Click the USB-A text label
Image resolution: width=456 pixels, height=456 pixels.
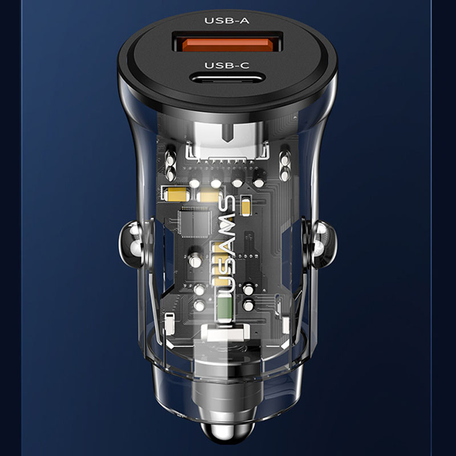coord(227,21)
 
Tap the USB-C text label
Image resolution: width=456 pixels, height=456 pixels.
coord(227,66)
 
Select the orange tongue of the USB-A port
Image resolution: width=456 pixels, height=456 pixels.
coord(227,45)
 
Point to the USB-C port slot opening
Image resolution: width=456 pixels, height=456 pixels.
coord(227,78)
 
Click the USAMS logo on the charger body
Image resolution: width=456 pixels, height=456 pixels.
coord(226,244)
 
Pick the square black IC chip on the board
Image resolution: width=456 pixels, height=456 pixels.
coord(194,222)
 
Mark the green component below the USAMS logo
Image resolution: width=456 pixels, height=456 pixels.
coord(224,307)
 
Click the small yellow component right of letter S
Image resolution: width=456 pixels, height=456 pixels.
coord(246,206)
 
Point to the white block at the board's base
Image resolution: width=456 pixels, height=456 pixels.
coord(225,332)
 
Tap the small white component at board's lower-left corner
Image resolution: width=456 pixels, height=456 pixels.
coord(170,323)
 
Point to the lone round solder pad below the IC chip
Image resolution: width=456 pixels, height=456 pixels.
coord(195,262)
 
